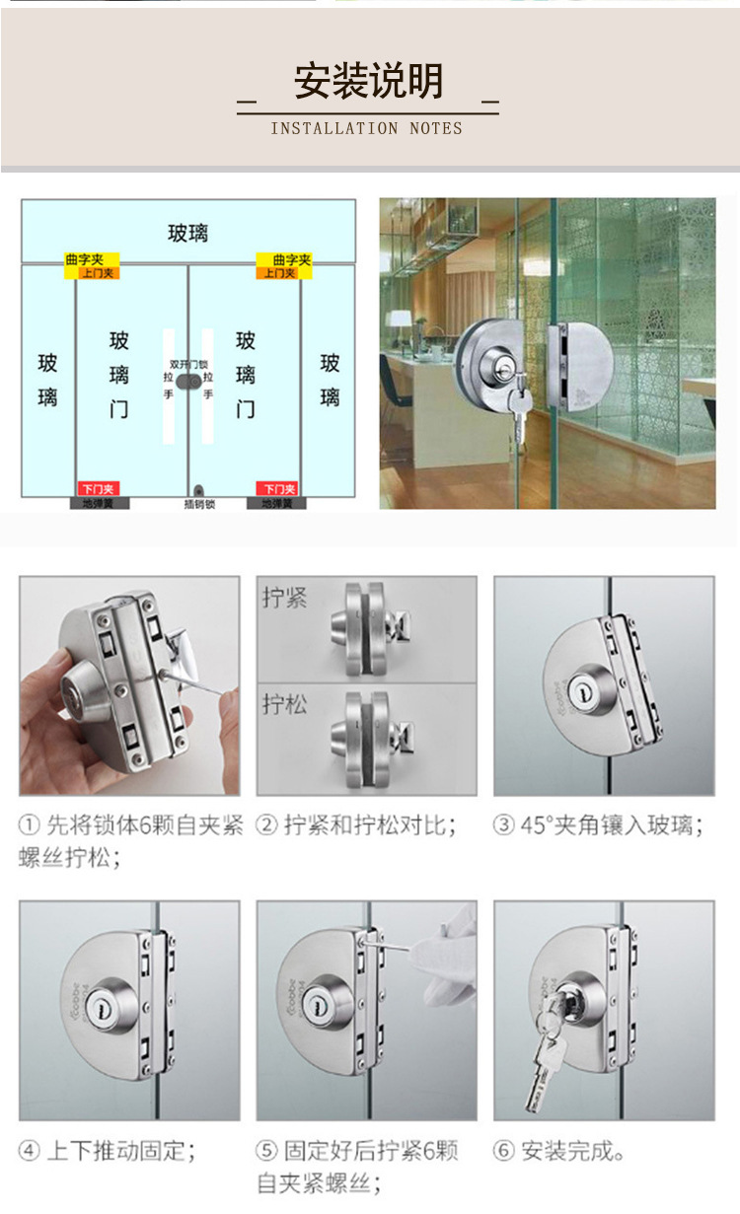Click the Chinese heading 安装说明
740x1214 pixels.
click(368, 81)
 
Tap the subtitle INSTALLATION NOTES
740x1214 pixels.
click(366, 128)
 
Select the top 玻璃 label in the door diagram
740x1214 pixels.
click(187, 234)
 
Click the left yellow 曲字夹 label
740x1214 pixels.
click(84, 259)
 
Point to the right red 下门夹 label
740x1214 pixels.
click(277, 489)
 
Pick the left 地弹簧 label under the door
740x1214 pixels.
click(99, 504)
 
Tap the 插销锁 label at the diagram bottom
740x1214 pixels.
click(199, 504)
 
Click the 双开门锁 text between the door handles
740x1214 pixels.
click(188, 364)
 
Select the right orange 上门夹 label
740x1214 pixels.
click(279, 272)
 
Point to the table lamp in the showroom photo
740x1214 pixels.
click(400, 324)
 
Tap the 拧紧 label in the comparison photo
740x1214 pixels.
click(285, 598)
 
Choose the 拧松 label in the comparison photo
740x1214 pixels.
click(285, 704)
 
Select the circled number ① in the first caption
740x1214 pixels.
click(30, 826)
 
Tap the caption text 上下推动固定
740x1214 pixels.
click(120, 1151)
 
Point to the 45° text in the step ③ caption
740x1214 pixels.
click(534, 825)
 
